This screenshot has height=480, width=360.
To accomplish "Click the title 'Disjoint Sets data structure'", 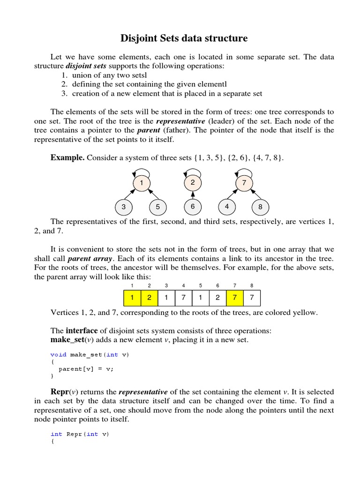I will (x=184, y=38).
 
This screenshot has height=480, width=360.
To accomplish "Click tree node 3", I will (x=123, y=207).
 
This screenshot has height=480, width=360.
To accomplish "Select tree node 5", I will (x=158, y=207).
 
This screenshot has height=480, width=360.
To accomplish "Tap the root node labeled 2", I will (x=192, y=183).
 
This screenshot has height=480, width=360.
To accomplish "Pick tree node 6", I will (x=192, y=207).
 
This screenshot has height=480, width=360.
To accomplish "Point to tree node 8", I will (x=260, y=207).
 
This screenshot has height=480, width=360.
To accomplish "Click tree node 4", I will (x=227, y=207).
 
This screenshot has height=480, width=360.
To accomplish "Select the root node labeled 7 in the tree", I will (x=244, y=183).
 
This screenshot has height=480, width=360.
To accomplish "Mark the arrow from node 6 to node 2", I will (x=192, y=195).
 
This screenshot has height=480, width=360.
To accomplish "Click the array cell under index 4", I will (x=183, y=298).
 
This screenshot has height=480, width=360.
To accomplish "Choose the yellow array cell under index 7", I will (x=235, y=298).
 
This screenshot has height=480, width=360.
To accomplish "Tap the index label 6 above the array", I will (x=217, y=285).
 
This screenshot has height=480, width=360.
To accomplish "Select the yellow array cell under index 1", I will (x=132, y=298).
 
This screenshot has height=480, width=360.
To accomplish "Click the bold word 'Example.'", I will (x=67, y=158).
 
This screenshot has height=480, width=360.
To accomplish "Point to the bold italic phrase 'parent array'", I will (x=85, y=258).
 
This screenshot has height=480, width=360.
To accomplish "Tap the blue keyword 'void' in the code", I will (x=59, y=355).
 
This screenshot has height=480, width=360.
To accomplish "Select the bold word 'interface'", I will (x=82, y=331).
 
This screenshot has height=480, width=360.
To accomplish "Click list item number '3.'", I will (x=65, y=93).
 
